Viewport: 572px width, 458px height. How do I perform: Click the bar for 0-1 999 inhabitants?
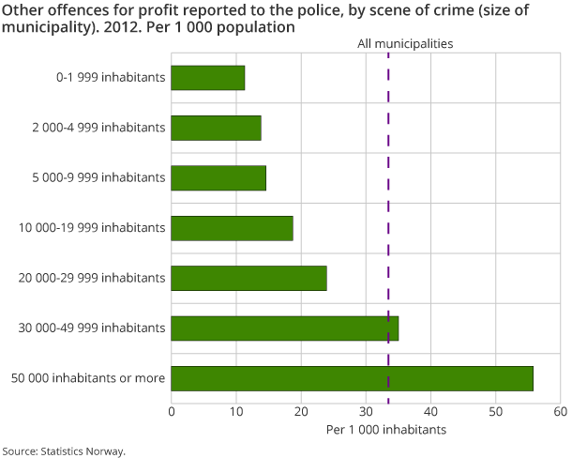click(x=208, y=78)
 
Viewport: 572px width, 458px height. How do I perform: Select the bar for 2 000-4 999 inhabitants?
click(x=216, y=128)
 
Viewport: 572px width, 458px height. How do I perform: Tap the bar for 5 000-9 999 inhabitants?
click(x=218, y=177)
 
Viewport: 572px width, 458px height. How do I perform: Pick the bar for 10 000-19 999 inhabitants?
click(x=232, y=228)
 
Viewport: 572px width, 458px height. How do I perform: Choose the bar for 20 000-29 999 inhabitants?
click(x=248, y=278)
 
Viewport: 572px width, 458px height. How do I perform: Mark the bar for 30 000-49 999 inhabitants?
click(x=284, y=328)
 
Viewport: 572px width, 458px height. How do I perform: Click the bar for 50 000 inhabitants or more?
click(x=352, y=378)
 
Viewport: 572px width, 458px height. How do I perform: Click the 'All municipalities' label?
click(x=405, y=44)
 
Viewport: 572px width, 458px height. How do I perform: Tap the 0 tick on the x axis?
click(x=172, y=411)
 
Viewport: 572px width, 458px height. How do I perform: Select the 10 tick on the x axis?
click(x=236, y=411)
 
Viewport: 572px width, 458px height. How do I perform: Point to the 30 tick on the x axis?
click(x=366, y=411)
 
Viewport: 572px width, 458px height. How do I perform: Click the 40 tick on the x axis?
click(x=430, y=411)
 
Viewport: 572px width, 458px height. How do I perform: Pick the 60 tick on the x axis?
click(x=560, y=411)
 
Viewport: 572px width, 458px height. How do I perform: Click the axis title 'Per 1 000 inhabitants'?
click(x=386, y=430)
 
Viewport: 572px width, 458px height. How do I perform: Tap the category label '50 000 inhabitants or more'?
click(x=88, y=378)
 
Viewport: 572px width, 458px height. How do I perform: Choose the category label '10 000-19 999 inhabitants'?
click(x=93, y=228)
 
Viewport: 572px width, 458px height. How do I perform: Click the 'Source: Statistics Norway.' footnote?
click(x=63, y=450)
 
